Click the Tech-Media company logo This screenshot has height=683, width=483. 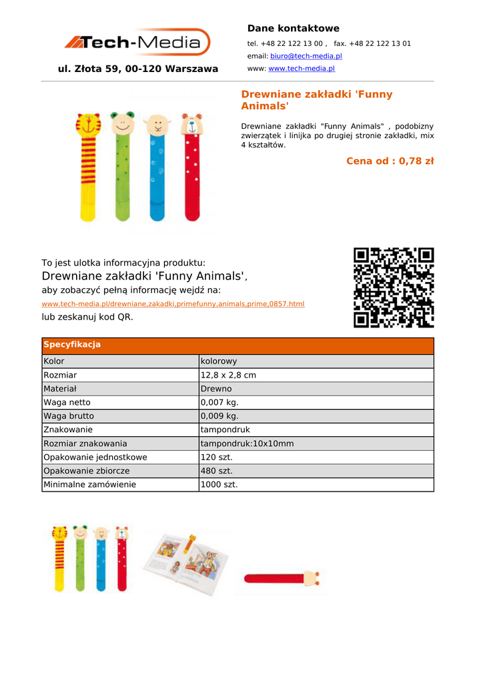pos(137,43)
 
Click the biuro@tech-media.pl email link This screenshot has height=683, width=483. pos(306,56)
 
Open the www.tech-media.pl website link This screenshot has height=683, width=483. pos(301,69)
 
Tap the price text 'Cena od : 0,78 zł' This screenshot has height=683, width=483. pos(390,161)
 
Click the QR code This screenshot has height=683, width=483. pos(394,287)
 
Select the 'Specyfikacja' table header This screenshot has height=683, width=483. pos(72,345)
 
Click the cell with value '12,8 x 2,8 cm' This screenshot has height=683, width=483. pos(228,376)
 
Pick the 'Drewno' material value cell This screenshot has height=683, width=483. pos(216,389)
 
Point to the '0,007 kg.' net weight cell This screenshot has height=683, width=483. pos(219,403)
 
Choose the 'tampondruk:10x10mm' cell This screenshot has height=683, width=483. pos(247,444)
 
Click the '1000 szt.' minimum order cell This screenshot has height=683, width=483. pos(219,485)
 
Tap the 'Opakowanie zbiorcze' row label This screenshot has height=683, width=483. pos(87,471)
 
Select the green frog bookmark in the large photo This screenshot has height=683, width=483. pos(122,167)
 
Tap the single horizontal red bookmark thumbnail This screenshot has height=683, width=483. pos(280,578)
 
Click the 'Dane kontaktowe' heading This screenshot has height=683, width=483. pos(293,29)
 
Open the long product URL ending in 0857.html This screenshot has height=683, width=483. pos(173,304)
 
